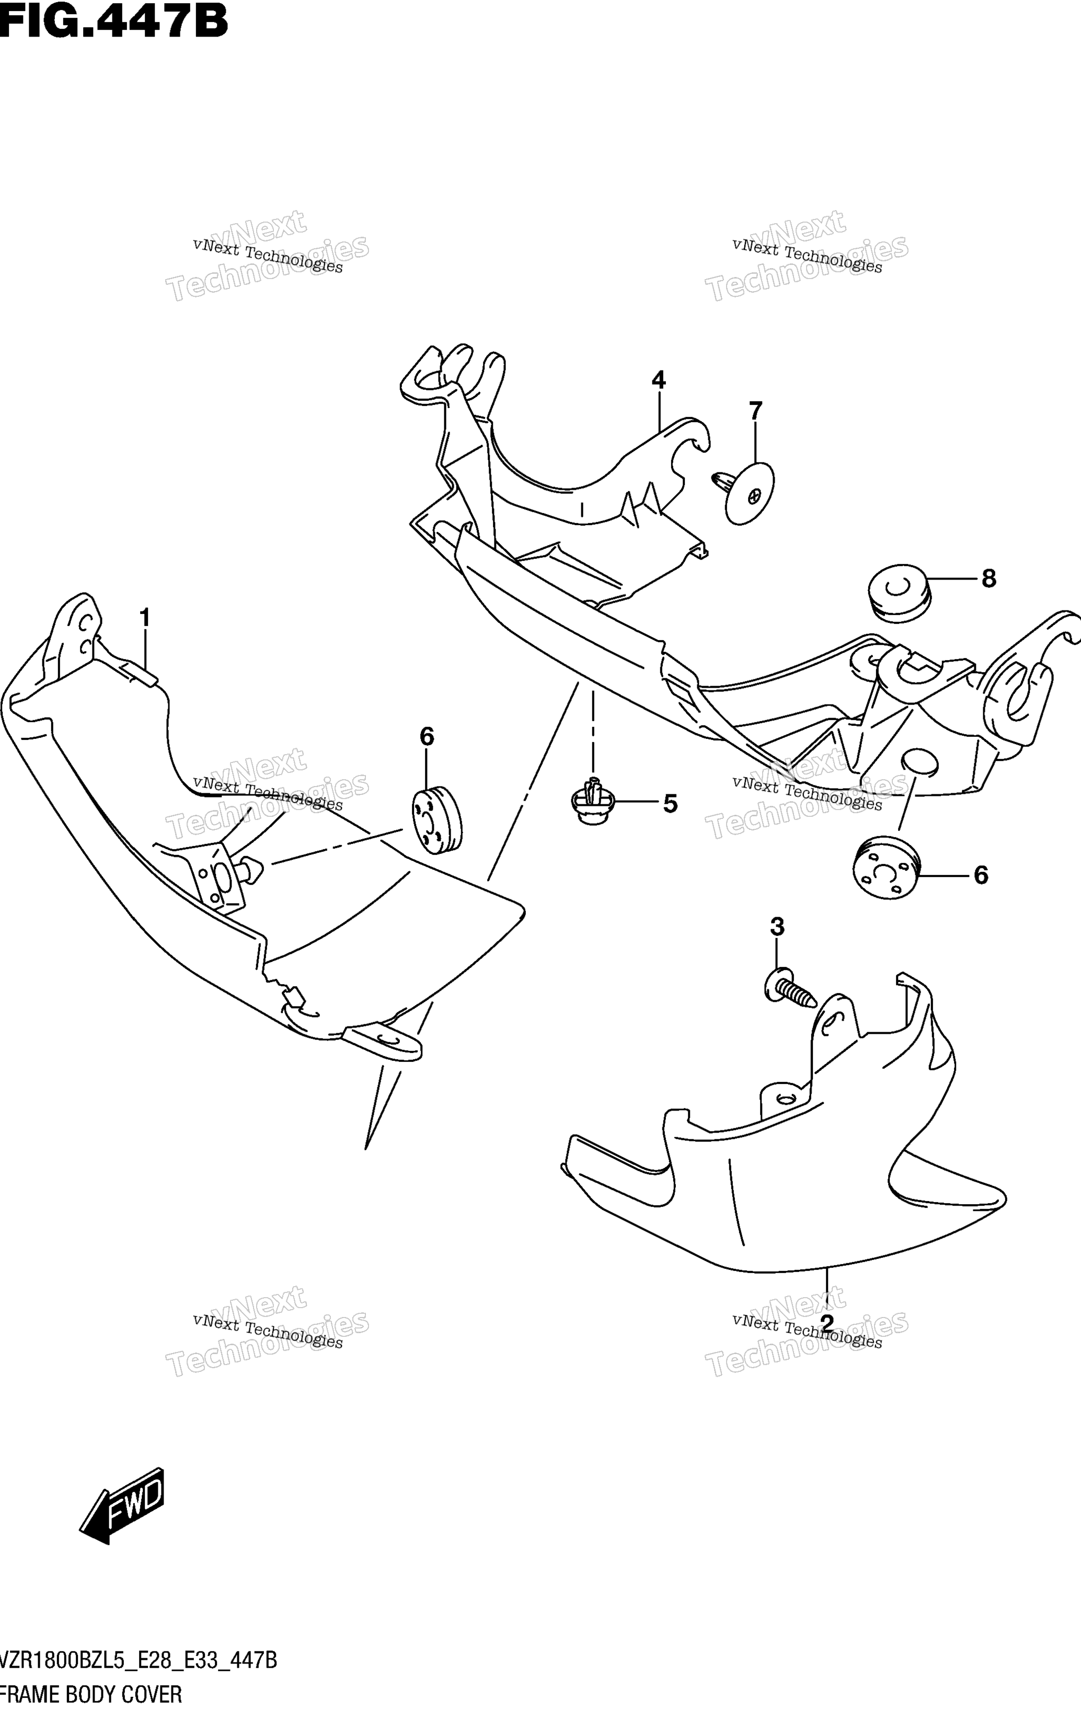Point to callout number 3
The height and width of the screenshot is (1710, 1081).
coord(777,926)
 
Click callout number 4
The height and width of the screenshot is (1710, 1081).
coord(659,380)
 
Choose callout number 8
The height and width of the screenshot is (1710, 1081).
coord(988,579)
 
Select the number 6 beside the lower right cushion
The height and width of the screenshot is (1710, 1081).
coord(980,875)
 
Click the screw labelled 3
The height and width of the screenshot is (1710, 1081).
coord(790,987)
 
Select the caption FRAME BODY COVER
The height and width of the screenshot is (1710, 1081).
coord(91,1694)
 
